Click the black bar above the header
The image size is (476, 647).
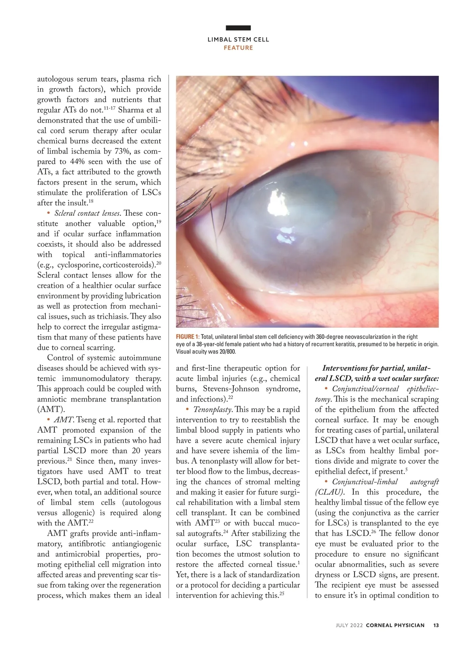point(238,28)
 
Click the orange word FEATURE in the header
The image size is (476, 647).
point(238,48)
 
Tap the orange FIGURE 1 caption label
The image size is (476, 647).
point(188,337)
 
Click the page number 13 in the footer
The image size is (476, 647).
point(436,625)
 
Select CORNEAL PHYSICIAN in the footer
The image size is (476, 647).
point(395,625)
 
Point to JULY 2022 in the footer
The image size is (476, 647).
point(349,625)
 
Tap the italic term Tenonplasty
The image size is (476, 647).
point(212,409)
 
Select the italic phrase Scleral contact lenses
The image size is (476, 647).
point(87,213)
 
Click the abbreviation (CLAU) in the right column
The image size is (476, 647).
point(330,492)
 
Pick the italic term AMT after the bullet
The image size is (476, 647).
point(63,420)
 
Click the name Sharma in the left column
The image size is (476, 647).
point(133,110)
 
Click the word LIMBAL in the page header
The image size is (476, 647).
point(219,40)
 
